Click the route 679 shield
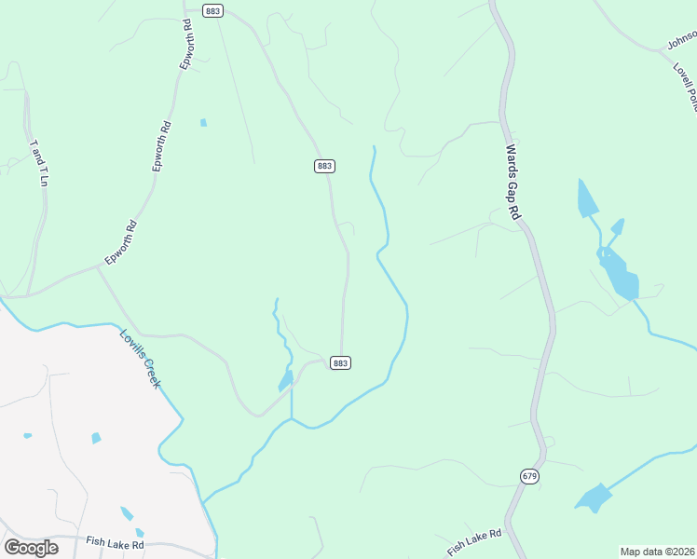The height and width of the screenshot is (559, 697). tap(529, 476)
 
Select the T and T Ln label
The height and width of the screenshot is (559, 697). tap(38, 163)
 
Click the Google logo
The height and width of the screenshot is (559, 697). tap(31, 548)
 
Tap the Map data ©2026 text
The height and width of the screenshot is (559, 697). tap(658, 552)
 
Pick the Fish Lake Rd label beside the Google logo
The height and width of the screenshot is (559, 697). tap(115, 543)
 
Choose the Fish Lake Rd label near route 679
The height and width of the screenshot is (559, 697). tap(474, 540)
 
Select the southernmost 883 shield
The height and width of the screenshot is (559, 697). tap(340, 362)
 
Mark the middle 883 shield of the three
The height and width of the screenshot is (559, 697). tap(324, 166)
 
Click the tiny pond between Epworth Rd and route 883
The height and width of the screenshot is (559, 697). tap(203, 122)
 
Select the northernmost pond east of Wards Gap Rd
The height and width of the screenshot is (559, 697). tap(587, 198)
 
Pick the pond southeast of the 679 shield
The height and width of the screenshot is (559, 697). tap(593, 498)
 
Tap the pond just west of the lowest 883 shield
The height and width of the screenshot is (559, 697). tap(286, 381)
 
